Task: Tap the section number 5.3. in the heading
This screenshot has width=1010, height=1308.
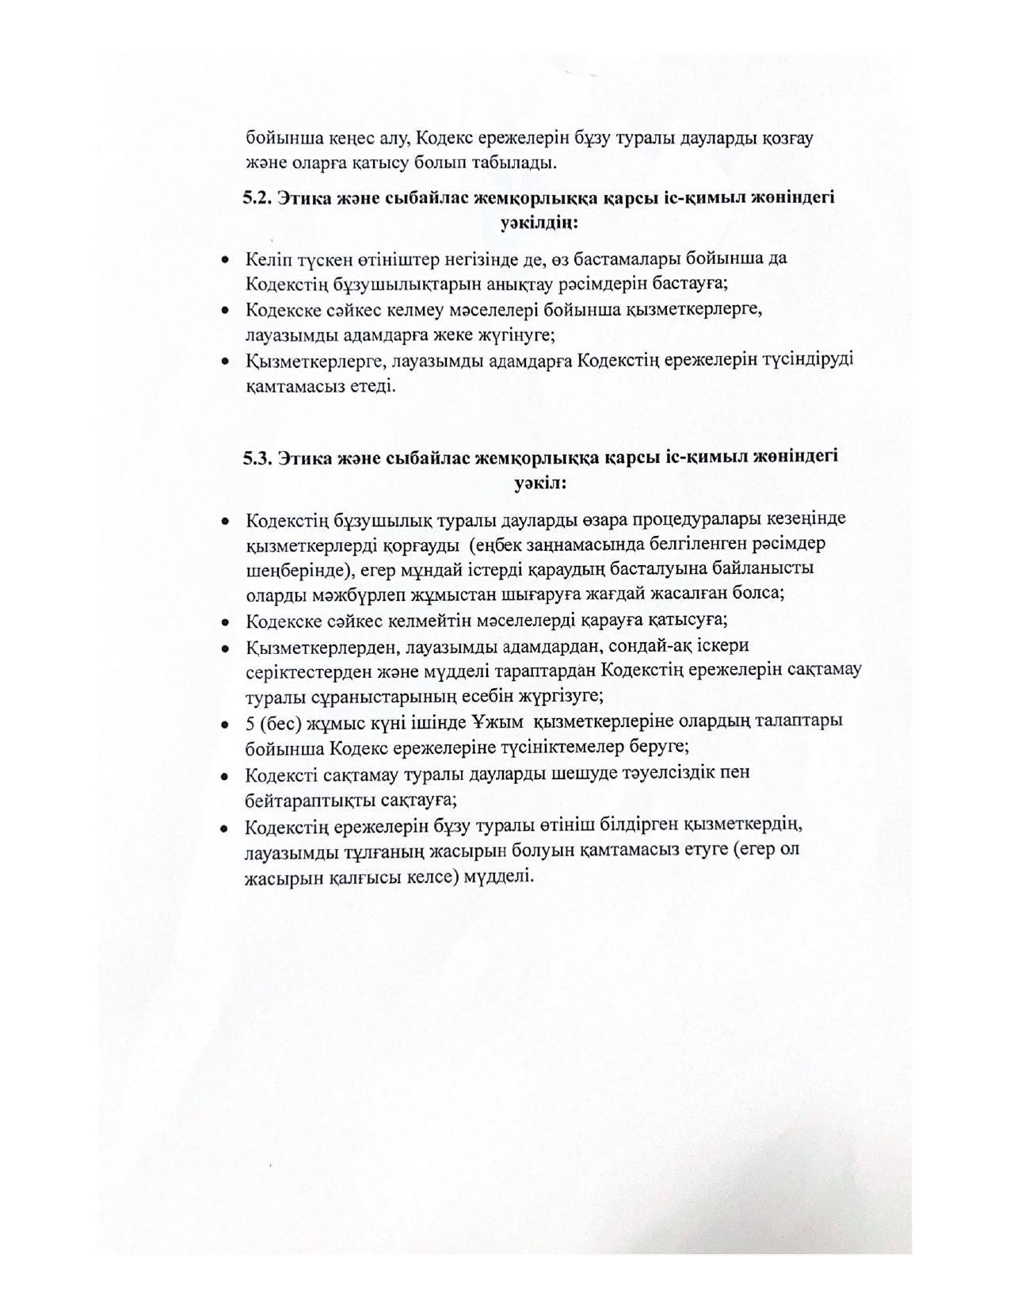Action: click(x=257, y=458)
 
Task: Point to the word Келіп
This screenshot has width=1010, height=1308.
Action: click(x=265, y=258)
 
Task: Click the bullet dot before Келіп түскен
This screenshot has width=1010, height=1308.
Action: click(x=226, y=259)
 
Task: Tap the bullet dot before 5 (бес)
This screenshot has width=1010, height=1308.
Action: click(x=226, y=723)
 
